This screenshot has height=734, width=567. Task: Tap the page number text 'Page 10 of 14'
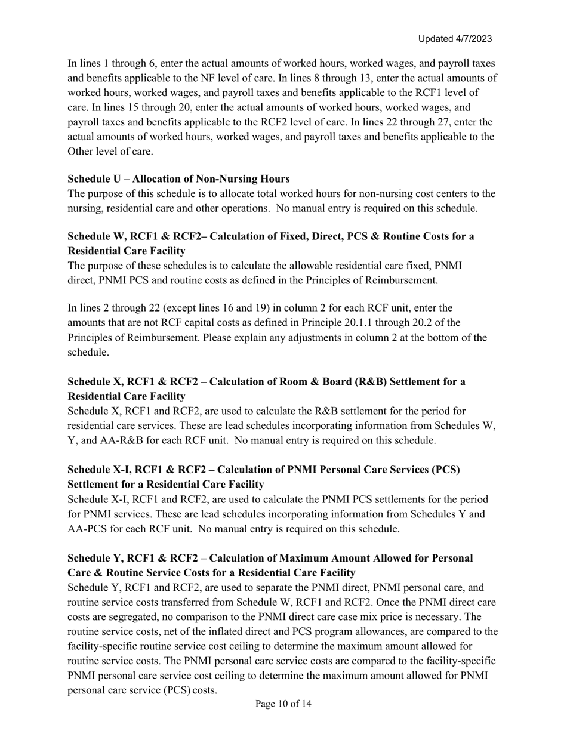click(283, 704)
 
